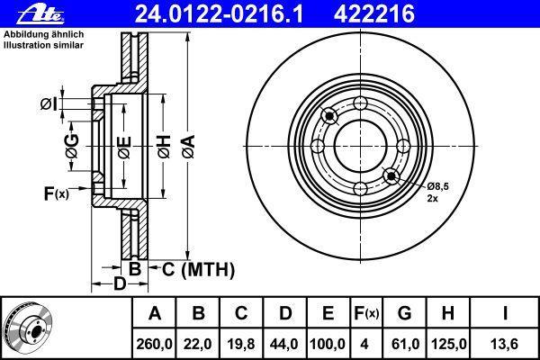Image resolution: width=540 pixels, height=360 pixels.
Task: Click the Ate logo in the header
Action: [40, 15]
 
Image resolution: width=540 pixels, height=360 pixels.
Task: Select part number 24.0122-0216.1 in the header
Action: [219, 14]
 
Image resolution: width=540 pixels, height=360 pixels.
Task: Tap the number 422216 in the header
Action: [374, 14]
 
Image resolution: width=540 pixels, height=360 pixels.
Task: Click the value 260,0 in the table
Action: [154, 344]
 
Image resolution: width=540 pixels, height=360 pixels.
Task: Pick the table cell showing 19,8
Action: [241, 344]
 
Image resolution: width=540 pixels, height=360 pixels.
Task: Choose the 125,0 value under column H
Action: [448, 344]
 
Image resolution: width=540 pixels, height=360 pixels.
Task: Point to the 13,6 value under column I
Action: [505, 344]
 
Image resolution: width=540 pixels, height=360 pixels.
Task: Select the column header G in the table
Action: [404, 313]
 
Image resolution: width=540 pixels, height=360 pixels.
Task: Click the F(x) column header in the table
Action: [366, 313]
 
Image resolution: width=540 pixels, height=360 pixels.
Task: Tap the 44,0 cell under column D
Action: [284, 344]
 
